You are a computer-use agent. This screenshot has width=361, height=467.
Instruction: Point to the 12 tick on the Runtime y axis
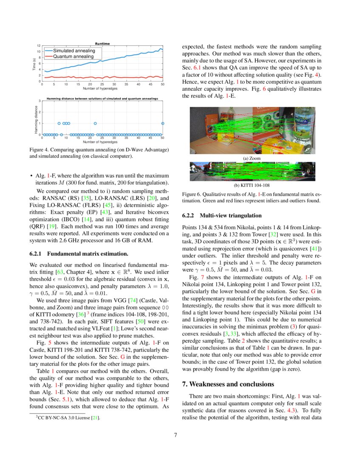39,45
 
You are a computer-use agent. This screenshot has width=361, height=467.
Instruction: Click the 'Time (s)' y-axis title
34,64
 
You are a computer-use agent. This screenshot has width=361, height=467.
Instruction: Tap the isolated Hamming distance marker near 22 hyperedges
95,124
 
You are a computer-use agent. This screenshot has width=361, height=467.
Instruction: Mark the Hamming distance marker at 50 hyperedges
163,124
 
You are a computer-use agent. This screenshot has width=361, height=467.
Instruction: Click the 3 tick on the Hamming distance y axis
39,101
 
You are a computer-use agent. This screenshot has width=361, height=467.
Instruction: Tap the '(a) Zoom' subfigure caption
251,158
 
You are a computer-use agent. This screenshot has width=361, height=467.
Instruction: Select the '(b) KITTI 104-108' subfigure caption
251,185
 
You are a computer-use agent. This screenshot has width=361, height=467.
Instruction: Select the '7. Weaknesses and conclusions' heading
228,384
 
